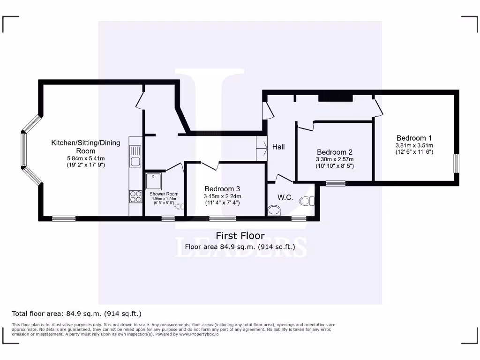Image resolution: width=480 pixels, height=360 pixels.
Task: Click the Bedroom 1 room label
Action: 414,138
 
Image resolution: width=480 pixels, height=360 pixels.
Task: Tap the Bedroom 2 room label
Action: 334,152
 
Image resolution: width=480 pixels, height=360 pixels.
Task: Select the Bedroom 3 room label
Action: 222,188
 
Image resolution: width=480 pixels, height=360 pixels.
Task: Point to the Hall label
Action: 278,147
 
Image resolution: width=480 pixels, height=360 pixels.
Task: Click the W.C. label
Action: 285,197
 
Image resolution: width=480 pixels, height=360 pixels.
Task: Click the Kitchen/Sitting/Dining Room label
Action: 85,147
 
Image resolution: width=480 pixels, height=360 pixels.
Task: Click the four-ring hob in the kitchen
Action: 135,196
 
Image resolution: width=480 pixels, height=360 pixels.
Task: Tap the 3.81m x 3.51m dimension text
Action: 414,145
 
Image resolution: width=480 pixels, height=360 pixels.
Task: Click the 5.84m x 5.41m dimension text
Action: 85,158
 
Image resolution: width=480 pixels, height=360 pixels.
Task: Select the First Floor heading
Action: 240,236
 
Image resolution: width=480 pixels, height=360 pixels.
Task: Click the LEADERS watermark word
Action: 241,247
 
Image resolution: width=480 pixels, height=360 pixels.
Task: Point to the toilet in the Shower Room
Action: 180,206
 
